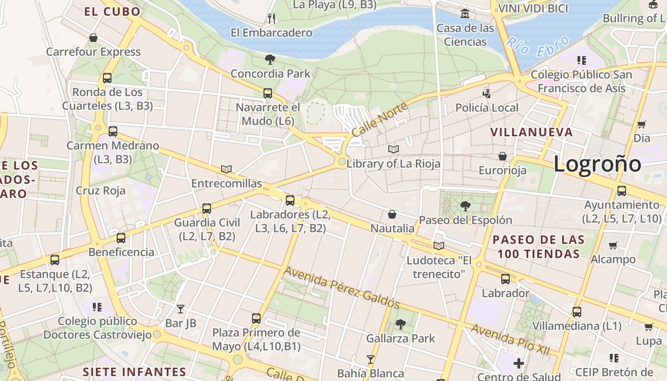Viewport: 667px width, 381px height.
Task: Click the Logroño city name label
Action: click(x=597, y=164)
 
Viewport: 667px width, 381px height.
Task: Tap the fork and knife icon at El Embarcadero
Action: click(x=272, y=19)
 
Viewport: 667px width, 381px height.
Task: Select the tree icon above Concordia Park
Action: click(x=270, y=60)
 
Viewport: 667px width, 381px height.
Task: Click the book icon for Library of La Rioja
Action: click(x=393, y=150)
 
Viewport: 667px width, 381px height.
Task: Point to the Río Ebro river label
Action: click(x=537, y=47)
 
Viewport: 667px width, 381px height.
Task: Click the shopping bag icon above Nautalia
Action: click(x=392, y=215)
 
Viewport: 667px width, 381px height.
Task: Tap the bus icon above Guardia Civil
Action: click(x=206, y=209)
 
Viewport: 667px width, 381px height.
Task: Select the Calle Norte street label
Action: click(x=380, y=119)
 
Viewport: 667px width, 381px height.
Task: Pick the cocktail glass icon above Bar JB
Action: click(x=180, y=309)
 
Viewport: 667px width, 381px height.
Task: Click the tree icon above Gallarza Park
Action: click(x=401, y=324)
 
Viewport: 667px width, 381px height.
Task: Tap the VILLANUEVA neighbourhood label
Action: click(x=531, y=132)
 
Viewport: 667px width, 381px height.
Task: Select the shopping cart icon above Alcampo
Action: click(x=613, y=245)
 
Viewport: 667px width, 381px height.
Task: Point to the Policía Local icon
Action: click(x=486, y=93)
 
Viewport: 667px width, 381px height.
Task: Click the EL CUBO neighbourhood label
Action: click(x=112, y=11)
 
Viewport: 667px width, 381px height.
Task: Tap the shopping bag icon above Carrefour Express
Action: click(x=93, y=38)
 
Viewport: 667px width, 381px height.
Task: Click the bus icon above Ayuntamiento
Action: click(x=621, y=191)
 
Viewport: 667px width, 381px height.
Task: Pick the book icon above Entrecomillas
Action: click(x=226, y=169)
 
